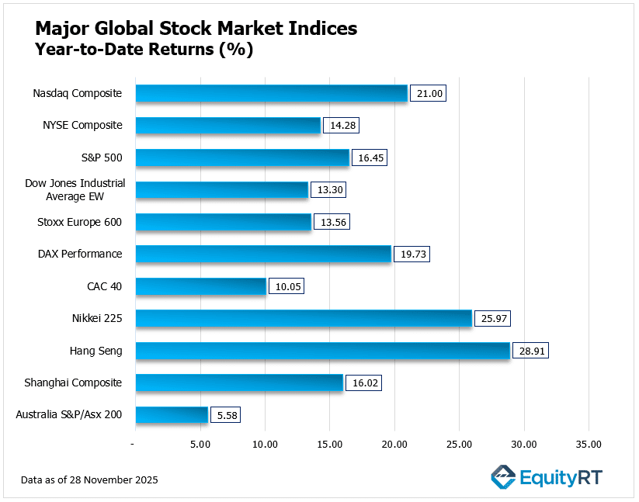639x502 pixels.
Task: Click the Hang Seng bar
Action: [322, 351]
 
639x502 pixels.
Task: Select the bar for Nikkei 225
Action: [304, 318]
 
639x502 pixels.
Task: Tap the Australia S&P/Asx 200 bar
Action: [172, 415]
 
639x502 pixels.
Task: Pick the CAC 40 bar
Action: [200, 286]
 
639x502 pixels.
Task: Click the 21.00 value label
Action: [427, 93]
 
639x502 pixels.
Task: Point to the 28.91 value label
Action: [530, 351]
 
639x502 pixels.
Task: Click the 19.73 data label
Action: [412, 254]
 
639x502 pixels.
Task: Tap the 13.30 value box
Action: [328, 189]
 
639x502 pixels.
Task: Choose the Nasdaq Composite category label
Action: [77, 93]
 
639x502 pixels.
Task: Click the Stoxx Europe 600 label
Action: [80, 222]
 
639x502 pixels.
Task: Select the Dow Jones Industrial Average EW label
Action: [75, 189]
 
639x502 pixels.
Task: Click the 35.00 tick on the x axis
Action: [588, 445]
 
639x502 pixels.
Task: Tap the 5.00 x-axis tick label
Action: [200, 445]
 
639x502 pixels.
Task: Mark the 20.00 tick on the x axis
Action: [394, 445]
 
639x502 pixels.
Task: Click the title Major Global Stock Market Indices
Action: [196, 29]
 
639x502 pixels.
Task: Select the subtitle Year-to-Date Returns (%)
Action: [144, 50]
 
